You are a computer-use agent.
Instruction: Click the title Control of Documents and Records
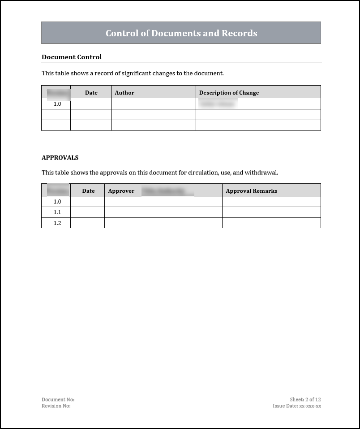tap(181, 33)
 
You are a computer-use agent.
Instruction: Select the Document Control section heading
tap(72, 57)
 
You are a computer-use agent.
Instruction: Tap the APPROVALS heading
tap(60, 158)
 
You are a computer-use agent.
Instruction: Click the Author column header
tap(124, 93)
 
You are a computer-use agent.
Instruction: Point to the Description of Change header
tap(229, 93)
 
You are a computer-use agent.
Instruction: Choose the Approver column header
tap(121, 191)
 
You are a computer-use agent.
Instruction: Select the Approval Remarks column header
tap(251, 191)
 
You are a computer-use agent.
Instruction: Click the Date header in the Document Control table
tap(91, 93)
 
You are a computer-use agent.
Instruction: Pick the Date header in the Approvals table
tap(89, 191)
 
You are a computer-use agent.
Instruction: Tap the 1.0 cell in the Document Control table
tap(57, 104)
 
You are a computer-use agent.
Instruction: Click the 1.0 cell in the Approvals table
tap(57, 202)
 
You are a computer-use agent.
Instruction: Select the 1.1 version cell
tap(57, 212)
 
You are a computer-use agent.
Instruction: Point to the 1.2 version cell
tap(57, 223)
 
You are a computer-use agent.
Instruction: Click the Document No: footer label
tap(58, 399)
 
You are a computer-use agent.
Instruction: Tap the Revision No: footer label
tap(56, 406)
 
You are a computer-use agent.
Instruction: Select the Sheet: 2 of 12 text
tap(305, 399)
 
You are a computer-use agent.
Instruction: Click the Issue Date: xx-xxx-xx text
tap(297, 406)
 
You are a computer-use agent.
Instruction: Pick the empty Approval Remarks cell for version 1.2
tap(271, 223)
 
